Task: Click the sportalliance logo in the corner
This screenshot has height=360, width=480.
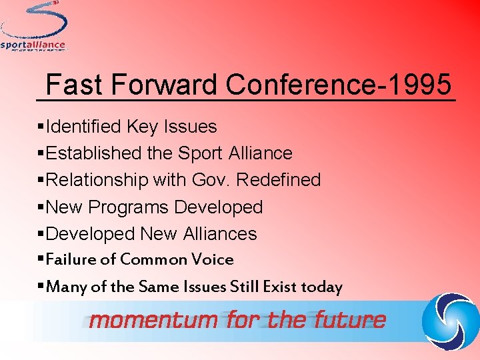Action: [33, 27]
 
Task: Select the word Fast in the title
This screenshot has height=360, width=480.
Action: [74, 85]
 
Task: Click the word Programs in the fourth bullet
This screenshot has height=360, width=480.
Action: [129, 207]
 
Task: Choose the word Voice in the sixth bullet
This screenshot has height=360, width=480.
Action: [212, 259]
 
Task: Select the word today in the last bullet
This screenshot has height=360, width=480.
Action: [321, 287]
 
